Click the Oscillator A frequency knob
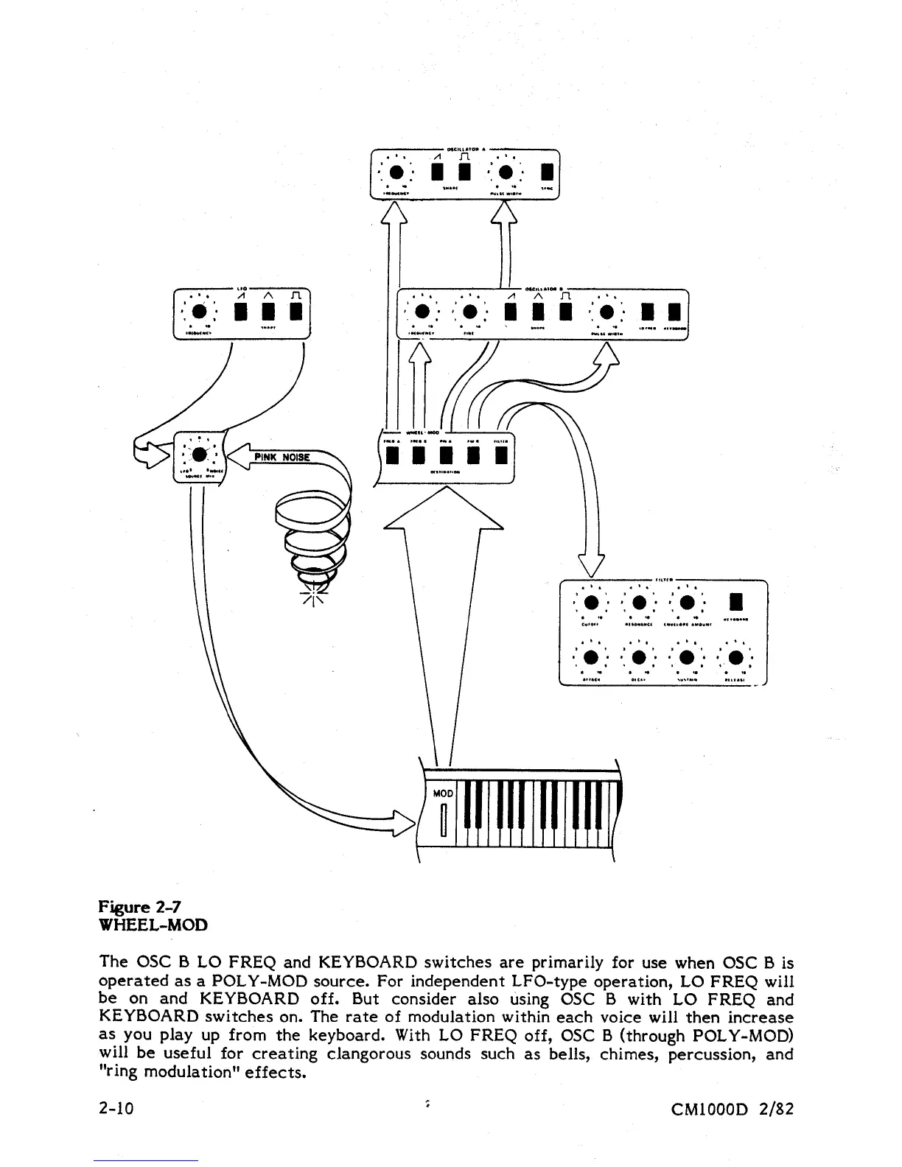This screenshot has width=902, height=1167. click(397, 172)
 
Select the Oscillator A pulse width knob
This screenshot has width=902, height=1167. click(506, 172)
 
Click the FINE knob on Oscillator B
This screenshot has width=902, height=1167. click(470, 310)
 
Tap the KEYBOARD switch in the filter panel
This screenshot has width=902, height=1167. click(735, 604)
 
